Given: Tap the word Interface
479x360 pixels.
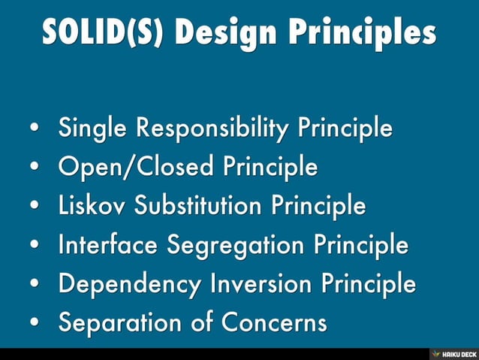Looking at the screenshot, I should click(x=111, y=245).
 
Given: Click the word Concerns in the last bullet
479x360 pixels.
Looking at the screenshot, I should click(x=273, y=323).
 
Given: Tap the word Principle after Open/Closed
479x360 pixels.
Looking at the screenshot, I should click(x=270, y=168).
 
